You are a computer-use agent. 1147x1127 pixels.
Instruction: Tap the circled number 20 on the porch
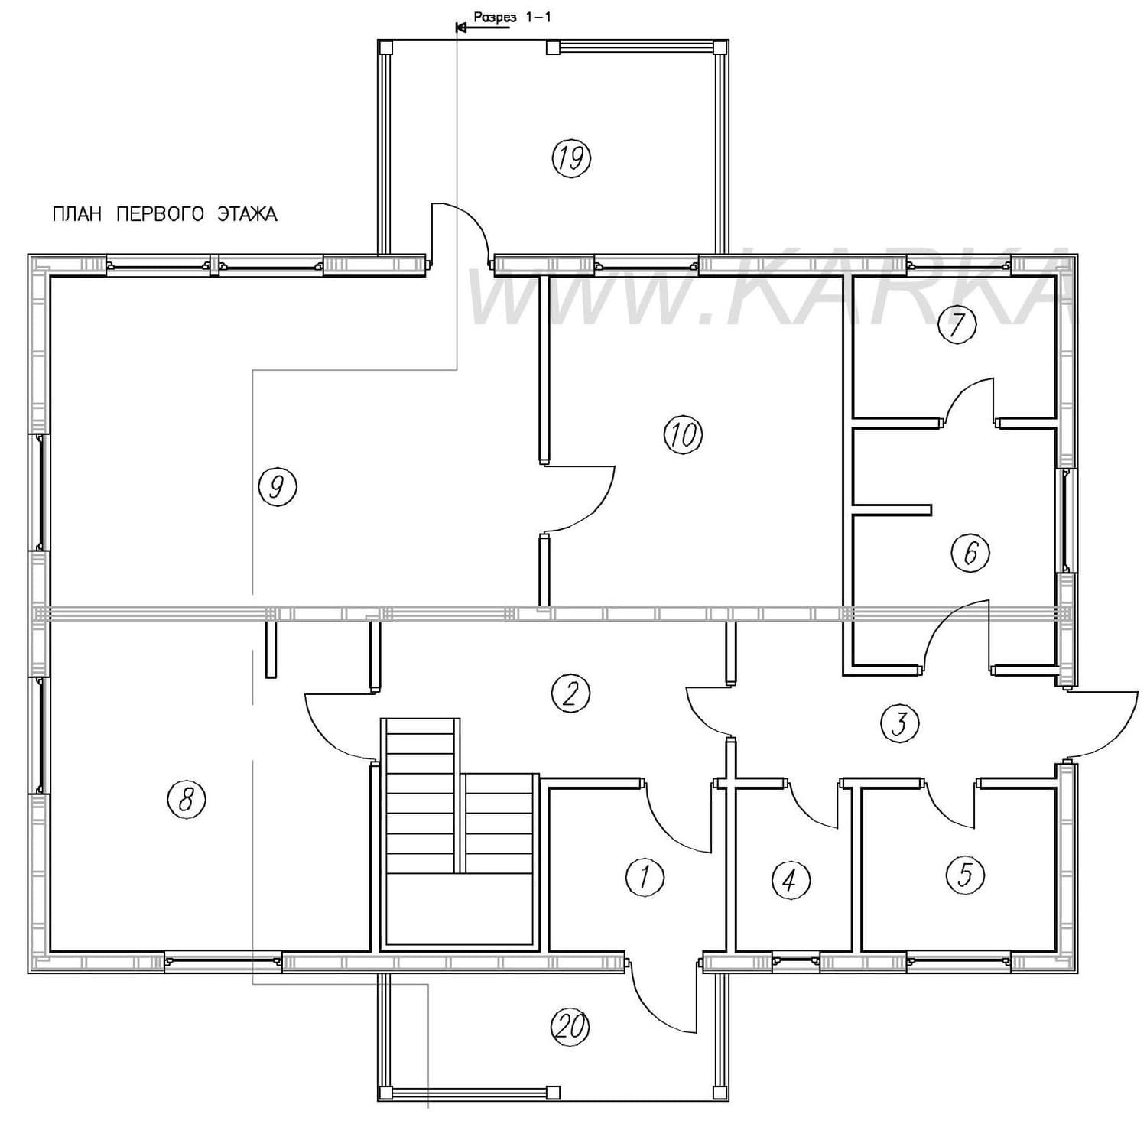(x=571, y=1027)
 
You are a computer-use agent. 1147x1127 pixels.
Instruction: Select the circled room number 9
(x=277, y=486)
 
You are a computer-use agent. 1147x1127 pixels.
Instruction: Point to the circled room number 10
(x=682, y=435)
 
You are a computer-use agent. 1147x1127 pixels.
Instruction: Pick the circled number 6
(x=970, y=553)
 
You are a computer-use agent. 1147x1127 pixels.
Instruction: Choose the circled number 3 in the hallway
(x=899, y=723)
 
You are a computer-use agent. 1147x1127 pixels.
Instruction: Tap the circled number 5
(x=964, y=875)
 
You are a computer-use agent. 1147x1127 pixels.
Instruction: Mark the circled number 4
(x=791, y=879)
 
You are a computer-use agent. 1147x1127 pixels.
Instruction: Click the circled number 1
(x=645, y=876)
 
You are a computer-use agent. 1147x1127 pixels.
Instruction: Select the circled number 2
(x=571, y=693)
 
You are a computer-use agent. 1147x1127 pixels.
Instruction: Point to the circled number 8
(x=187, y=800)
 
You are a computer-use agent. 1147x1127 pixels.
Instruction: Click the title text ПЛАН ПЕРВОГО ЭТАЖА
(x=164, y=214)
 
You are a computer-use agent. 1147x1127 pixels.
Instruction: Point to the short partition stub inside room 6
(x=892, y=509)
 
